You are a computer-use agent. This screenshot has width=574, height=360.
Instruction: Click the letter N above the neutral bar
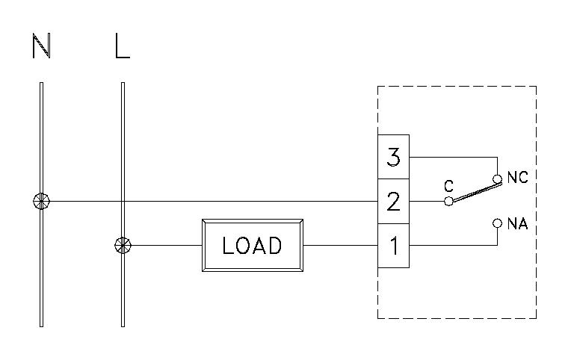(x=42, y=47)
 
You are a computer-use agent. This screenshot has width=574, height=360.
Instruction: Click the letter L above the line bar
(x=123, y=47)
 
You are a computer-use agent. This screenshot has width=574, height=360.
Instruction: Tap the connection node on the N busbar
(x=42, y=201)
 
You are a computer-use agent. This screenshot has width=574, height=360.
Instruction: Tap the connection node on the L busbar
(x=123, y=244)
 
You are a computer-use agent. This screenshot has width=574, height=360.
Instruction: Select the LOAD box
(x=253, y=244)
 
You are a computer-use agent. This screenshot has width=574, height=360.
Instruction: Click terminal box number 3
(x=394, y=158)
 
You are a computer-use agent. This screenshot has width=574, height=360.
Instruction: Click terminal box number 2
(x=394, y=201)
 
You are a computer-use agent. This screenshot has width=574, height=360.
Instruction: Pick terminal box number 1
(x=394, y=244)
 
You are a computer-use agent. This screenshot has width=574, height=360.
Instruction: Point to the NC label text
(x=517, y=178)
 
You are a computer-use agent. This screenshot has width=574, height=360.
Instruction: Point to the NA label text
(x=517, y=223)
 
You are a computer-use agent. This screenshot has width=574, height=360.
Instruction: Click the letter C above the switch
(x=448, y=186)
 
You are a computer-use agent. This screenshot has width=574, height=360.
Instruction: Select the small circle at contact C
(x=448, y=201)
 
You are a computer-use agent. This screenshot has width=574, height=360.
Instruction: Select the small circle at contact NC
(x=497, y=179)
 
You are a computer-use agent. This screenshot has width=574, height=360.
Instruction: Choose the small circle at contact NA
(x=497, y=223)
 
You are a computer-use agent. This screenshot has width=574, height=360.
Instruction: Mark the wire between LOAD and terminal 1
(x=340, y=244)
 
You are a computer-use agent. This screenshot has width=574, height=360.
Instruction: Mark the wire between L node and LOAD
(x=164, y=244)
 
